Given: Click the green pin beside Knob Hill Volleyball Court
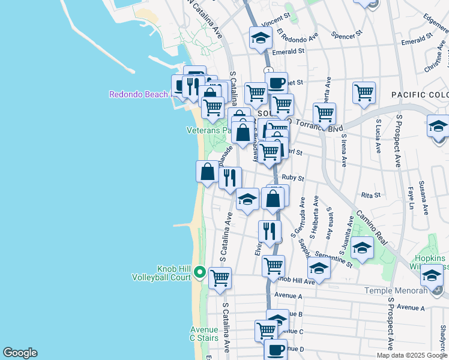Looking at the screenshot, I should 200,274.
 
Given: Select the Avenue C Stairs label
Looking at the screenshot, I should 204,334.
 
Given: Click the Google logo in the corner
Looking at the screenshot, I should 19,353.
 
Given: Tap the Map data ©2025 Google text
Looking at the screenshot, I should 412,355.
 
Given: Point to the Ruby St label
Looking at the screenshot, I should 293,178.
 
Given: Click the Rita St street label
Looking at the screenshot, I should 371,195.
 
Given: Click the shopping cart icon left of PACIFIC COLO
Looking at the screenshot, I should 364,93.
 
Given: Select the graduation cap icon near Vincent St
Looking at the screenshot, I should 260,38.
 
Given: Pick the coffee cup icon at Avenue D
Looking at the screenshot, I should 276,349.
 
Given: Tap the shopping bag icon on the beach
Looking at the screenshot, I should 207,172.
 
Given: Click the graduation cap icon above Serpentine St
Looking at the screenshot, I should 362,247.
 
